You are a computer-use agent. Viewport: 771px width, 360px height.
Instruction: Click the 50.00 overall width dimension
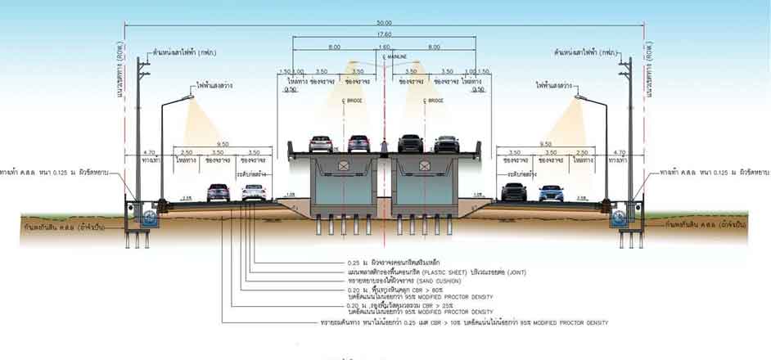(384, 21)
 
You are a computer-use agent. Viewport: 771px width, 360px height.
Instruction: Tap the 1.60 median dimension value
(384, 47)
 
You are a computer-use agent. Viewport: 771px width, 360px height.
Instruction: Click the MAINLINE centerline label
(397, 56)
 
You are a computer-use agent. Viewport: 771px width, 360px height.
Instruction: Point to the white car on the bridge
(321, 144)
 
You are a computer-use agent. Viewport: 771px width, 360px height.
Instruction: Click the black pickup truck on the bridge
(411, 144)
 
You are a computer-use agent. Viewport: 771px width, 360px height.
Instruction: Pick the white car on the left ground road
(255, 192)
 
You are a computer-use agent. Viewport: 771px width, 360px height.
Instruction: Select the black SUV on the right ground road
(513, 192)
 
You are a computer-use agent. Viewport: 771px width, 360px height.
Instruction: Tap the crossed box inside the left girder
(344, 167)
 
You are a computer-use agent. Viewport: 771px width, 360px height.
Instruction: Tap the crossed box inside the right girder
(425, 167)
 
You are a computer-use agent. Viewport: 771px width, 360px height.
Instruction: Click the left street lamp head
(187, 97)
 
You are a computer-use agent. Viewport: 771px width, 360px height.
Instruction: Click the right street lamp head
(581, 97)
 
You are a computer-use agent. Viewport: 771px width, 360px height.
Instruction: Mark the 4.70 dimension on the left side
(149, 151)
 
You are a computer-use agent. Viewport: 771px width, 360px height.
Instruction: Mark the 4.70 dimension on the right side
(620, 151)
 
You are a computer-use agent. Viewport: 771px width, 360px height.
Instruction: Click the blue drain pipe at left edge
(149, 218)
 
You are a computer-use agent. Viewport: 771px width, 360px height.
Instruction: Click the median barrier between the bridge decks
(384, 147)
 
